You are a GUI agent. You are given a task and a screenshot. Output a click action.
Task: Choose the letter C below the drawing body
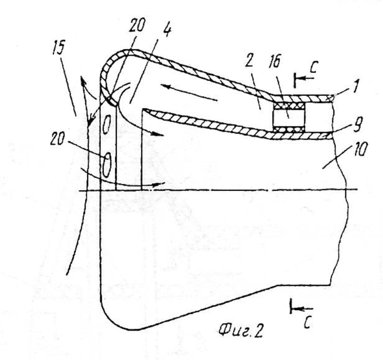click(x=307, y=323)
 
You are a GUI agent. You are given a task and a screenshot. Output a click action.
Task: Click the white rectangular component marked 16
click(x=288, y=118)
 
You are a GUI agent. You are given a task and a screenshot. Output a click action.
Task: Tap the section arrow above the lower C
click(x=299, y=309)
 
